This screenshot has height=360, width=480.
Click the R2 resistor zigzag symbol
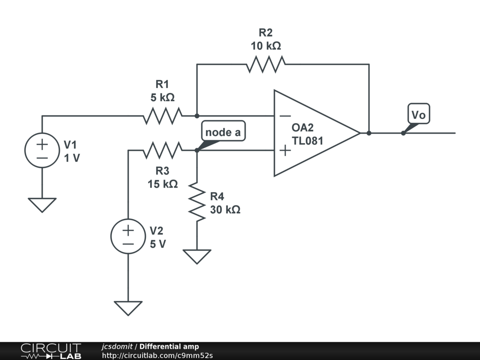coord(266,64)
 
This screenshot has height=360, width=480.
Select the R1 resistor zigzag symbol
coord(162,115)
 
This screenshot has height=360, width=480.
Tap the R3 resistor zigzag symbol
coord(162,150)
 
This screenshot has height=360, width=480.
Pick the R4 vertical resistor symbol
coord(197,202)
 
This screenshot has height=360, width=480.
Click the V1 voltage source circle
coord(42,150)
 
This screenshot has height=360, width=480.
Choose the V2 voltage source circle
coord(128,236)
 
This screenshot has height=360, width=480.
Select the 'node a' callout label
coord(223,132)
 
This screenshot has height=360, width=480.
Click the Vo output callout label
coord(419,115)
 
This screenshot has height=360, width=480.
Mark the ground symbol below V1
coord(42,204)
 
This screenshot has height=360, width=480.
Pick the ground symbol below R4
coord(197,256)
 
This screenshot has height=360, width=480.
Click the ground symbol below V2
coord(128,307)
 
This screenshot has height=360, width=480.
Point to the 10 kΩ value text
coord(266,46)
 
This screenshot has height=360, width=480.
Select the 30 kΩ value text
coord(225,210)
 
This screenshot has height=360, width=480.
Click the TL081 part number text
coord(307,140)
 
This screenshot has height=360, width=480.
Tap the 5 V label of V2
coord(157,244)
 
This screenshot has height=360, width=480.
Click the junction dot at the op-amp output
coord(369,133)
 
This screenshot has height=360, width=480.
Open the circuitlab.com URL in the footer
coord(157,355)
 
